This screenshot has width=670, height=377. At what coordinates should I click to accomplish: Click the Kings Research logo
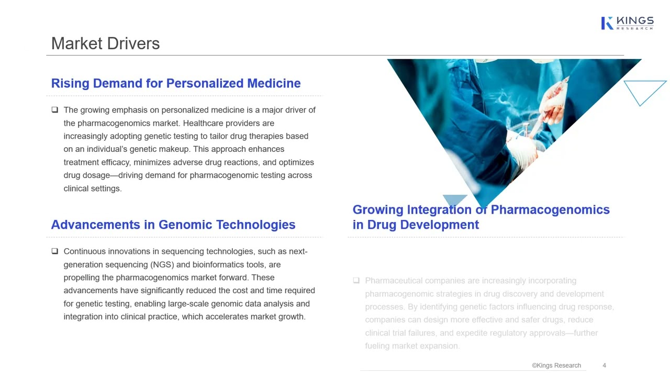click(x=627, y=23)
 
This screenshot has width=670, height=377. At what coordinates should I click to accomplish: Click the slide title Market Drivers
click(x=105, y=43)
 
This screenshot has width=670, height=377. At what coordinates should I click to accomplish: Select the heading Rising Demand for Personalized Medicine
click(x=176, y=83)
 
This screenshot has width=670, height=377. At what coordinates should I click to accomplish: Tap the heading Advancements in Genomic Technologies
click(x=173, y=225)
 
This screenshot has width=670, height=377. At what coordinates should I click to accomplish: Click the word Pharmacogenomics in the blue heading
click(x=550, y=209)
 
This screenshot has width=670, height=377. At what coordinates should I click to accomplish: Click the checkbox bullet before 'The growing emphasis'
click(x=54, y=110)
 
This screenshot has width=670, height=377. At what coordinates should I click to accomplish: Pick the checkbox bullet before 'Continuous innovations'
click(x=54, y=251)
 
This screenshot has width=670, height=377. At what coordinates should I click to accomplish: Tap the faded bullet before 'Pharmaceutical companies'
click(x=356, y=281)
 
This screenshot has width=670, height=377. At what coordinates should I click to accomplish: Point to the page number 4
click(x=604, y=365)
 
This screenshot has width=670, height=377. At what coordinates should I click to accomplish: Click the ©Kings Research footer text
click(x=556, y=365)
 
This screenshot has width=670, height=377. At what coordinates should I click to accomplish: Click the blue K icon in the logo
click(x=607, y=23)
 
